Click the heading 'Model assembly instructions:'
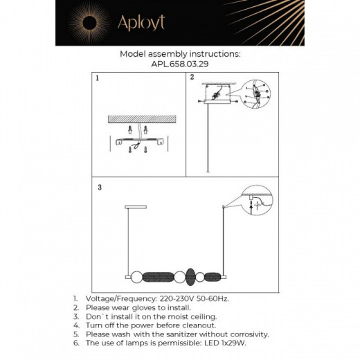tap(180, 53)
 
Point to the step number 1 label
tap(98, 79)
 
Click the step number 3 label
tap(100, 187)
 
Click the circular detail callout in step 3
tap(253, 202)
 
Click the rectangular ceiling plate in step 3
tap(135, 206)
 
